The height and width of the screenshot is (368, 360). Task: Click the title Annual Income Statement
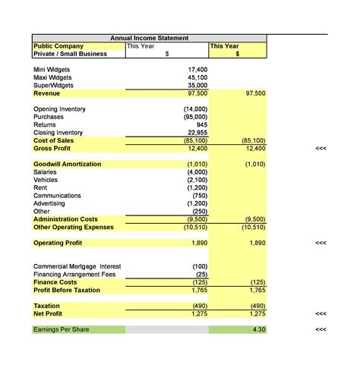(149, 38)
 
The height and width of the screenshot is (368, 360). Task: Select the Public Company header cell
(58, 46)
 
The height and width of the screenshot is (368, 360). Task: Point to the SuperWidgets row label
(55, 86)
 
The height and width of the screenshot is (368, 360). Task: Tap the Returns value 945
(201, 125)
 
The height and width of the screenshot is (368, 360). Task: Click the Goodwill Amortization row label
(68, 164)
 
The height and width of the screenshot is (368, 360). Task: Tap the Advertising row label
(49, 203)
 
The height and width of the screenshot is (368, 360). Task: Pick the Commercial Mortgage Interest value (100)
(200, 266)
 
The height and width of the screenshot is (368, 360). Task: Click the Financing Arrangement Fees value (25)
(201, 274)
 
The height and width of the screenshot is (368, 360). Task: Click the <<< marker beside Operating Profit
(321, 243)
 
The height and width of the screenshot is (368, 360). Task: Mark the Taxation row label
(47, 306)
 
